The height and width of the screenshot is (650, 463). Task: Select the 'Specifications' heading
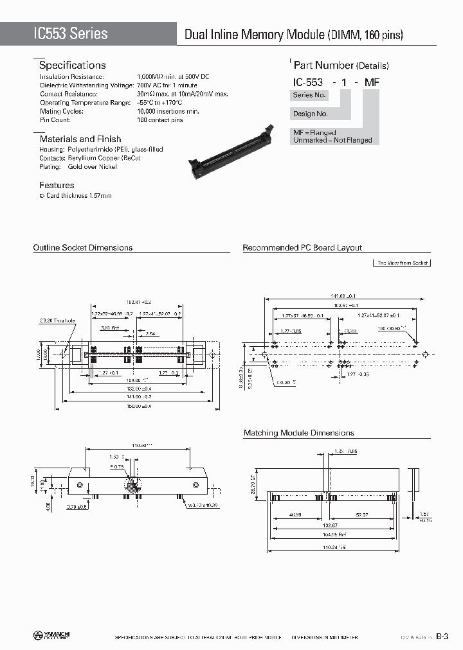coord(72,66)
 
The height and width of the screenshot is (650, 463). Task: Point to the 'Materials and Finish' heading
coord(80,139)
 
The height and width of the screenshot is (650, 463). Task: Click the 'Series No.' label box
coord(309,94)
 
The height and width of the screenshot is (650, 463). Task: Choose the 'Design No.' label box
coord(311,114)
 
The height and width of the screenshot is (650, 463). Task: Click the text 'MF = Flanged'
coord(314,132)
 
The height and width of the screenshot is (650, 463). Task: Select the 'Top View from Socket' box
coord(402,263)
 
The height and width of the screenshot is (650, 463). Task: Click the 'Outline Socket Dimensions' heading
coord(82,247)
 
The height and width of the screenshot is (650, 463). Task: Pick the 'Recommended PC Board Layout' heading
coord(302,247)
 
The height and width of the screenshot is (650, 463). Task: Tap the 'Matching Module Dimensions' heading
coord(298,433)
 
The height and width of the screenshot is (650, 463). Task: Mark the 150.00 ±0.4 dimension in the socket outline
coord(138,406)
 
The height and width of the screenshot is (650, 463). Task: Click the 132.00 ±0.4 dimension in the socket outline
coord(138,388)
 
